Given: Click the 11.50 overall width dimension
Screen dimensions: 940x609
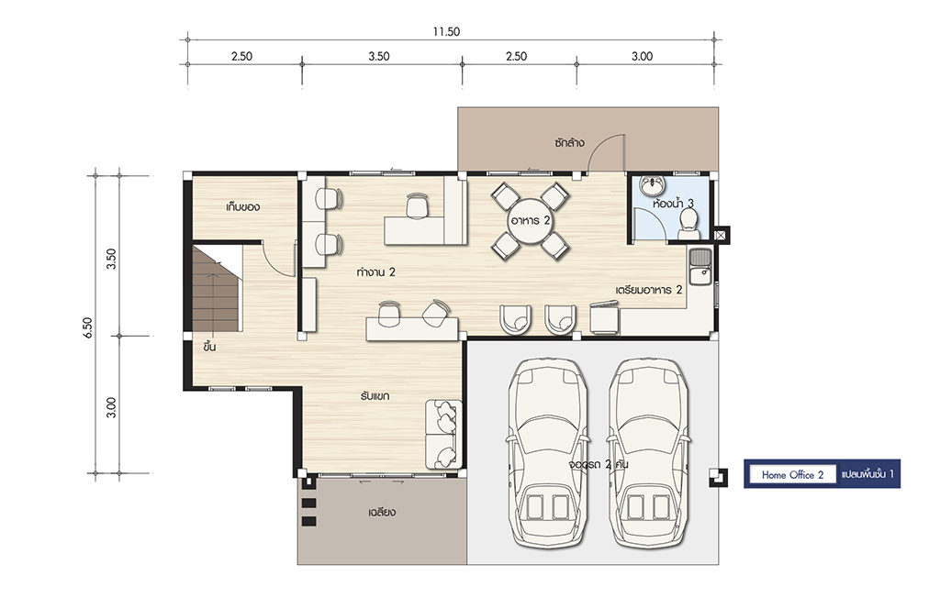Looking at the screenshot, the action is pyautogui.click(x=447, y=32).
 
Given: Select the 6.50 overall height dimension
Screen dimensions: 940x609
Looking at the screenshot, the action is pyautogui.click(x=88, y=328).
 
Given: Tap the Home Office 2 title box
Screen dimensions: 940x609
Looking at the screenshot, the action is pyautogui.click(x=792, y=475).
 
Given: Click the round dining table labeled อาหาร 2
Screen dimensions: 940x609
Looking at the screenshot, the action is pyautogui.click(x=530, y=220).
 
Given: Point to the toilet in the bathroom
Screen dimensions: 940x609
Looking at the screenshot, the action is pyautogui.click(x=688, y=222).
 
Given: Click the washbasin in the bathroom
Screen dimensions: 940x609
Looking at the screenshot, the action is pyautogui.click(x=649, y=185).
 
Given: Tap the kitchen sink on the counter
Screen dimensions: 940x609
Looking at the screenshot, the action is pyautogui.click(x=699, y=267).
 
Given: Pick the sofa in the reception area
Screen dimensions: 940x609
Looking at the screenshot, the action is pyautogui.click(x=443, y=434).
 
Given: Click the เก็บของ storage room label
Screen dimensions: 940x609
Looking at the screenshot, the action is pyautogui.click(x=242, y=207).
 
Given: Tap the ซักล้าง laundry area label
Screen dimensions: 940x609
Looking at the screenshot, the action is pyautogui.click(x=569, y=142).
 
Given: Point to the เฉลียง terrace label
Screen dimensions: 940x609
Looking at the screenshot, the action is pyautogui.click(x=382, y=513).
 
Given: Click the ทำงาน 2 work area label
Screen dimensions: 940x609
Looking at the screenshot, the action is pyautogui.click(x=375, y=271).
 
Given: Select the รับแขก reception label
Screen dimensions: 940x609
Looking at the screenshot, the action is pyautogui.click(x=375, y=396).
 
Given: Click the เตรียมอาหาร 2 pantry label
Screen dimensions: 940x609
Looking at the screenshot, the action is pyautogui.click(x=649, y=290).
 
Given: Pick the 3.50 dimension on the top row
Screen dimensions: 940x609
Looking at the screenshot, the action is pyautogui.click(x=379, y=56).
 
